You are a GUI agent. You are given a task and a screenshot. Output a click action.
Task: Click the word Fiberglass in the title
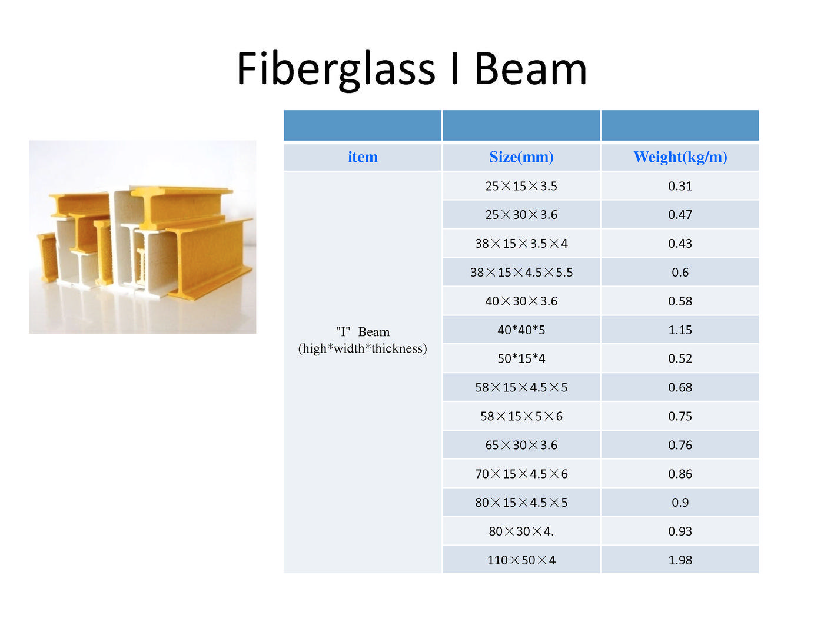coord(336,70)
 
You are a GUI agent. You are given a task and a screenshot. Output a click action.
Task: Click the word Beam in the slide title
coord(530,69)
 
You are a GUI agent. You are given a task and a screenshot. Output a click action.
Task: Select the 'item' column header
coord(362,157)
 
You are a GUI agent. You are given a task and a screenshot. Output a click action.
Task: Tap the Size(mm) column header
coord(521,157)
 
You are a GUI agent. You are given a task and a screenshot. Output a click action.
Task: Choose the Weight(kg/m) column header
coord(680,157)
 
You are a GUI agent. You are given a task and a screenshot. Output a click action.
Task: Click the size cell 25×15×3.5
coord(521,186)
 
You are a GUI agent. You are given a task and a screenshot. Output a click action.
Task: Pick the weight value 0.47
coord(680,215)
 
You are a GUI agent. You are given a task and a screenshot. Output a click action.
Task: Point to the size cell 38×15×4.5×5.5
coord(521,272)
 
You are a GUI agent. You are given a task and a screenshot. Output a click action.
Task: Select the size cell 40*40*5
coord(521,330)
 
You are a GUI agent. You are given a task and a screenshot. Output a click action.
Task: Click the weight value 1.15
coord(680,330)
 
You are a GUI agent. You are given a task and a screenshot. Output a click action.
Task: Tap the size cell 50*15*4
coord(521,358)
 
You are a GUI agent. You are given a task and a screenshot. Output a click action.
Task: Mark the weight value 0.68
coord(680,387)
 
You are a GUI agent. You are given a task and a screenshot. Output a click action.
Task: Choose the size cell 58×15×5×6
coord(521,416)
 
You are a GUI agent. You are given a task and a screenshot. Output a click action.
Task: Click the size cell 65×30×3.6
coord(521,445)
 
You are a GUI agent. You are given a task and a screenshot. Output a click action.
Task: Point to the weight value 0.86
coord(680,474)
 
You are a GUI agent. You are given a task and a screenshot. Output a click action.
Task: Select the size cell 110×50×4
coord(521,560)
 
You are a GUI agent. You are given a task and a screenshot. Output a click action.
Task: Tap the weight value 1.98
coord(680,560)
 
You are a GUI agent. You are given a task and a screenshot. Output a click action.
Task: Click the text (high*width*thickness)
coord(362,348)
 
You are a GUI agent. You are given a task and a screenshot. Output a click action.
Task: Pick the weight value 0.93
coord(680,531)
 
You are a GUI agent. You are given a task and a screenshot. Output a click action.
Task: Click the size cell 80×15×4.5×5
coord(521,503)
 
